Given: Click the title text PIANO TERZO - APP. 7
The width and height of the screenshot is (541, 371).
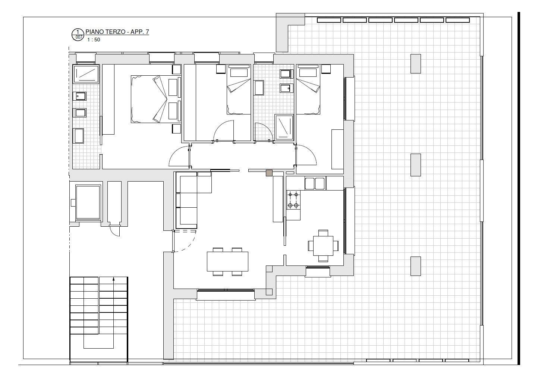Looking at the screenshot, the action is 117,32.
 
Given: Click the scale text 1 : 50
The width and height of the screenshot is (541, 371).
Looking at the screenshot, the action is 94,40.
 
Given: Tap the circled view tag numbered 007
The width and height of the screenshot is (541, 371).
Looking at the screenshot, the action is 78,35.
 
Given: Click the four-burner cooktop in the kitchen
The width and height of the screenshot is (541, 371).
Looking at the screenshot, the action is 293,200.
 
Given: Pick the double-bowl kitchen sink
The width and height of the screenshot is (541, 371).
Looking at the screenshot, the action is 315,183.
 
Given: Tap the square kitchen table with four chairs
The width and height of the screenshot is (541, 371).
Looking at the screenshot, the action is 323,246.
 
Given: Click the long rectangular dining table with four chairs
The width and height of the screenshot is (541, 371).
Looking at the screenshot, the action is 227,261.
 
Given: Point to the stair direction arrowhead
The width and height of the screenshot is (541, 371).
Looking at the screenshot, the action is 113,279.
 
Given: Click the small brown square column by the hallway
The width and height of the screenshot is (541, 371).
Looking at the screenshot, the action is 269,173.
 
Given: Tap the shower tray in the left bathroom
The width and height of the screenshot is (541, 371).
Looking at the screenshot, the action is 86,74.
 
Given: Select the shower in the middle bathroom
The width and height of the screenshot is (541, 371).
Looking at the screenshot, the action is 284,127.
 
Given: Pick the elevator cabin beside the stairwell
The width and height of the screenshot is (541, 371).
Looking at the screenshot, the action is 88,202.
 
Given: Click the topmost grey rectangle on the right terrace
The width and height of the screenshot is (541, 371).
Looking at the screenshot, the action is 416,64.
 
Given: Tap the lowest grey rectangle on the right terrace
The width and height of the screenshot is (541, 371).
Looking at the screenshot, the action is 416,266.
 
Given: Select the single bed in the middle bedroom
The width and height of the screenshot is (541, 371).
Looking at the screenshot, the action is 239,89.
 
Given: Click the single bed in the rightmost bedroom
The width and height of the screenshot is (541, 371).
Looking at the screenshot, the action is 308,89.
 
